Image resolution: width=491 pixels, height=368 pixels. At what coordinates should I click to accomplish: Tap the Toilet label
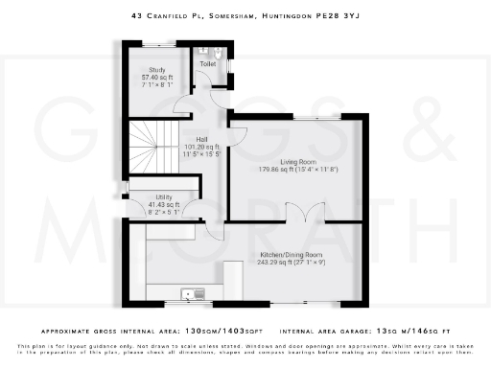click(x=206, y=65)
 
